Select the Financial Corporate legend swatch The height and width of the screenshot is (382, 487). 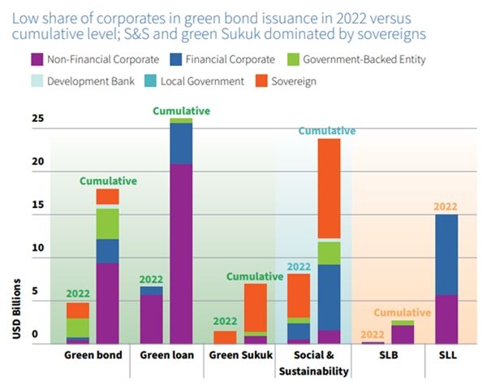pyautogui.click(x=176, y=59)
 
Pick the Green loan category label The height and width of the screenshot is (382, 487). pyautogui.click(x=166, y=355)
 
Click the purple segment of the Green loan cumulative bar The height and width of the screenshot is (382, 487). pyautogui.click(x=181, y=252)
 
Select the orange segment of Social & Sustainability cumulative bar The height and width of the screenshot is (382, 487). pyautogui.click(x=329, y=189)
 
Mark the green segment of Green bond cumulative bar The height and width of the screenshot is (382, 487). pyautogui.click(x=108, y=224)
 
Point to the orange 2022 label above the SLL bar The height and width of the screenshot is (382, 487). pyautogui.click(x=446, y=206)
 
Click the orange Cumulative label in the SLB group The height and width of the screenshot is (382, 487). pyautogui.click(x=403, y=312)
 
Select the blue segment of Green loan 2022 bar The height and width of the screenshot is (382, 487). pyautogui.click(x=151, y=290)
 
